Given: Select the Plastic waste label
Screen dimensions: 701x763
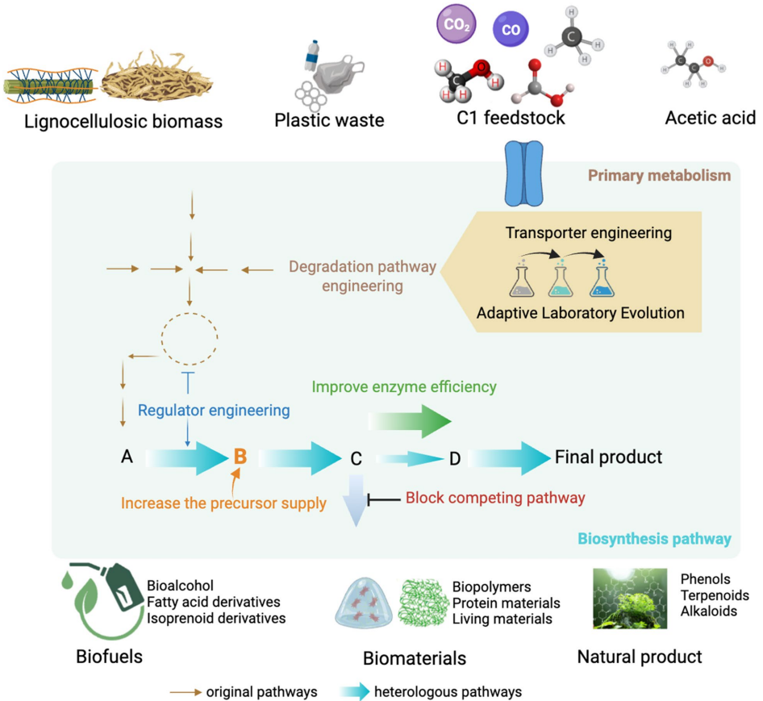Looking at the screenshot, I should [x=329, y=120].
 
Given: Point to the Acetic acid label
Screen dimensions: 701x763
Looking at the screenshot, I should [x=710, y=119].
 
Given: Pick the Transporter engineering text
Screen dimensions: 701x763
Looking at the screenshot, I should [x=589, y=233].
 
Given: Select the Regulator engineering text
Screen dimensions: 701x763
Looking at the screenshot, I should [x=214, y=410].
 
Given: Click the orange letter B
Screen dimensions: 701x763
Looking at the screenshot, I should [x=240, y=457].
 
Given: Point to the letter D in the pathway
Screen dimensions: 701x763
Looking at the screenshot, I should [x=454, y=459].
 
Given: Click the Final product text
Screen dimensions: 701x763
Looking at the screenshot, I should [x=608, y=457].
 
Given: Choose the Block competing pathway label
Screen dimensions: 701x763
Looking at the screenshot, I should [x=494, y=498].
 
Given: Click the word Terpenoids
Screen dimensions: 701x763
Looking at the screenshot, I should [x=715, y=595].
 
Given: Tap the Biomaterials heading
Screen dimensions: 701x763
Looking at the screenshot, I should [x=414, y=658].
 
